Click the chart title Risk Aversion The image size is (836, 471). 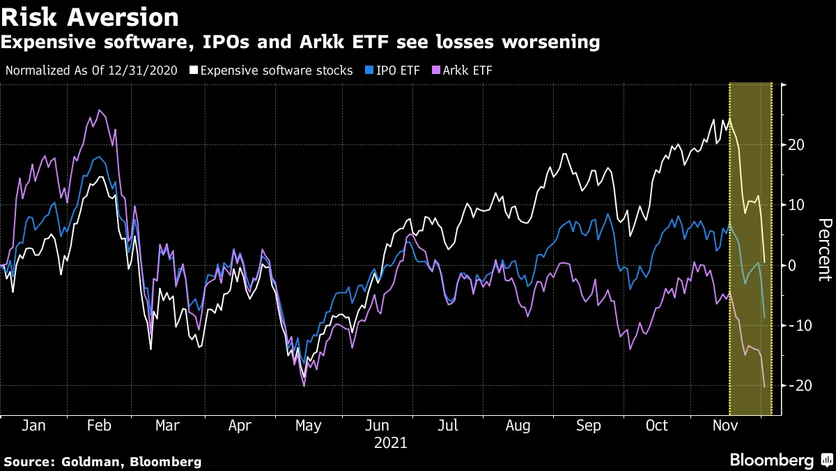pos(90,16)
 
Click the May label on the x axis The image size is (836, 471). pos(307,426)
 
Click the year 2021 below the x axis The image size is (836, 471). pos(391,443)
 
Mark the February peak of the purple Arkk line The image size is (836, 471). pos(100,110)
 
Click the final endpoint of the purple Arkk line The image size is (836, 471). pos(764,387)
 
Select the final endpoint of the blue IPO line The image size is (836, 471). pos(764,318)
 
